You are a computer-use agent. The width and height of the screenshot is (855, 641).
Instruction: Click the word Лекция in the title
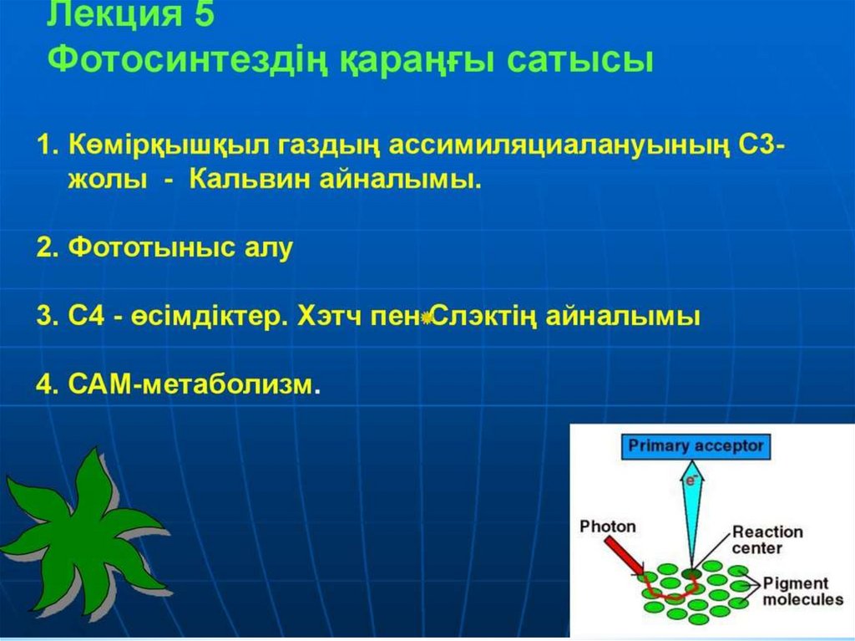114,14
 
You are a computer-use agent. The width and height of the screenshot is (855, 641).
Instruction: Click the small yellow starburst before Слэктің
427,317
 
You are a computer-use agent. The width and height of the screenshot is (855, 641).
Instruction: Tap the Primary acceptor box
696,446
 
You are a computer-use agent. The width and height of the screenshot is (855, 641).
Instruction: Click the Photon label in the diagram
608,527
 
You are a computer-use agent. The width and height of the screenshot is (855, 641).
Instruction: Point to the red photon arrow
624,555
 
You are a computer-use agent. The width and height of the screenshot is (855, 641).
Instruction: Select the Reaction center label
767,539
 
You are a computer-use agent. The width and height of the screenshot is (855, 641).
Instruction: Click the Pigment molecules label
802,592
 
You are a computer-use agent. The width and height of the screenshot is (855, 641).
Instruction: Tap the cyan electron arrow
692,515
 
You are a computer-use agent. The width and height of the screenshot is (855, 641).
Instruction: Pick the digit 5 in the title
205,14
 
